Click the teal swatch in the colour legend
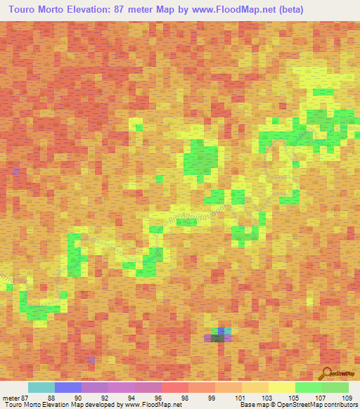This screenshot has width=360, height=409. coord(41,387)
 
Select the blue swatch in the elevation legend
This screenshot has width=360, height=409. coord(68,387)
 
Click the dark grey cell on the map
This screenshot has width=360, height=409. coord(219,337)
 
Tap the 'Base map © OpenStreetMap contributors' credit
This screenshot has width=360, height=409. coord(297,405)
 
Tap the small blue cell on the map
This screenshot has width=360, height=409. coord(222,330)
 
